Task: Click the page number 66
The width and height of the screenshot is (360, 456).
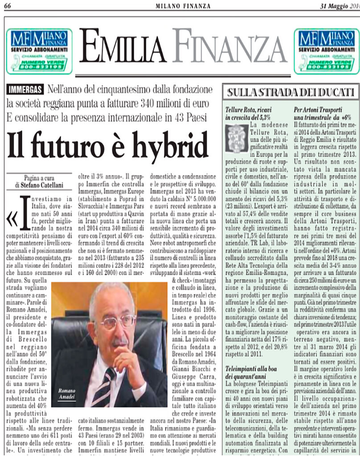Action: [x=8, y=5]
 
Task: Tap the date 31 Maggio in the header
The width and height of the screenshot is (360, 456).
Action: [x=338, y=5]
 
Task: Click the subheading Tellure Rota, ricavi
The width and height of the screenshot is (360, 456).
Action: [x=249, y=109]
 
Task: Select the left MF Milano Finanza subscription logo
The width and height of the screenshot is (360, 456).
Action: [x=39, y=50]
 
